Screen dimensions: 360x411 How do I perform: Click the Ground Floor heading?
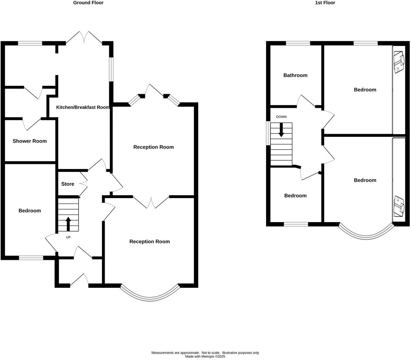click(x=88, y=3)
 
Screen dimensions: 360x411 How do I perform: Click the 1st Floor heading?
click(x=325, y=3)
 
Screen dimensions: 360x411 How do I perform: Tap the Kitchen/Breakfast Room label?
click(x=83, y=107)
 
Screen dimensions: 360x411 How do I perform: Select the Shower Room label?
click(x=30, y=141)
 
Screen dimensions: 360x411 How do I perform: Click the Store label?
click(x=68, y=184)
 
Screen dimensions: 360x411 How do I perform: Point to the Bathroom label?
click(x=295, y=75)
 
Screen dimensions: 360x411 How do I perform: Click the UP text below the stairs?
click(x=68, y=238)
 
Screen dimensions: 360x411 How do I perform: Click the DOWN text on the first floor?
click(x=281, y=117)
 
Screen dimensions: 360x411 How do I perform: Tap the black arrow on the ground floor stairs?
click(x=68, y=224)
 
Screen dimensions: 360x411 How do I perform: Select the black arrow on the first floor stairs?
click(x=281, y=130)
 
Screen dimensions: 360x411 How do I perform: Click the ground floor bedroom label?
click(x=30, y=211)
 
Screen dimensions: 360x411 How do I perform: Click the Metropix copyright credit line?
click(x=205, y=356)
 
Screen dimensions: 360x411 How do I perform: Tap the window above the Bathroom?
click(x=298, y=44)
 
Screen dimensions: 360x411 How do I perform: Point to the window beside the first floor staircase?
click(x=268, y=133)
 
